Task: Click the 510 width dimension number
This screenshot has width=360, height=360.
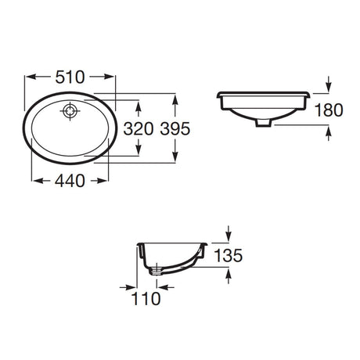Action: click(70, 77)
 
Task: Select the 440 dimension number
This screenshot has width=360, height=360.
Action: click(70, 181)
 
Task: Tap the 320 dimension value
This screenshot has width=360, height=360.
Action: click(139, 129)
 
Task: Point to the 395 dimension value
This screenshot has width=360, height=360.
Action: click(175, 129)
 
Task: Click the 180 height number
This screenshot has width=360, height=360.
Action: click(329, 110)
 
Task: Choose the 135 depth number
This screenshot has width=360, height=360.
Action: click(229, 255)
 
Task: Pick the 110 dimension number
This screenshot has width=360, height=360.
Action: click(146, 298)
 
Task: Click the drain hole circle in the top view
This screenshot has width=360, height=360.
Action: click(70, 111)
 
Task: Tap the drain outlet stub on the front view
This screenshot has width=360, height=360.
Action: click(264, 123)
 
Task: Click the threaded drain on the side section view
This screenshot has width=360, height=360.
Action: click(157, 269)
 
